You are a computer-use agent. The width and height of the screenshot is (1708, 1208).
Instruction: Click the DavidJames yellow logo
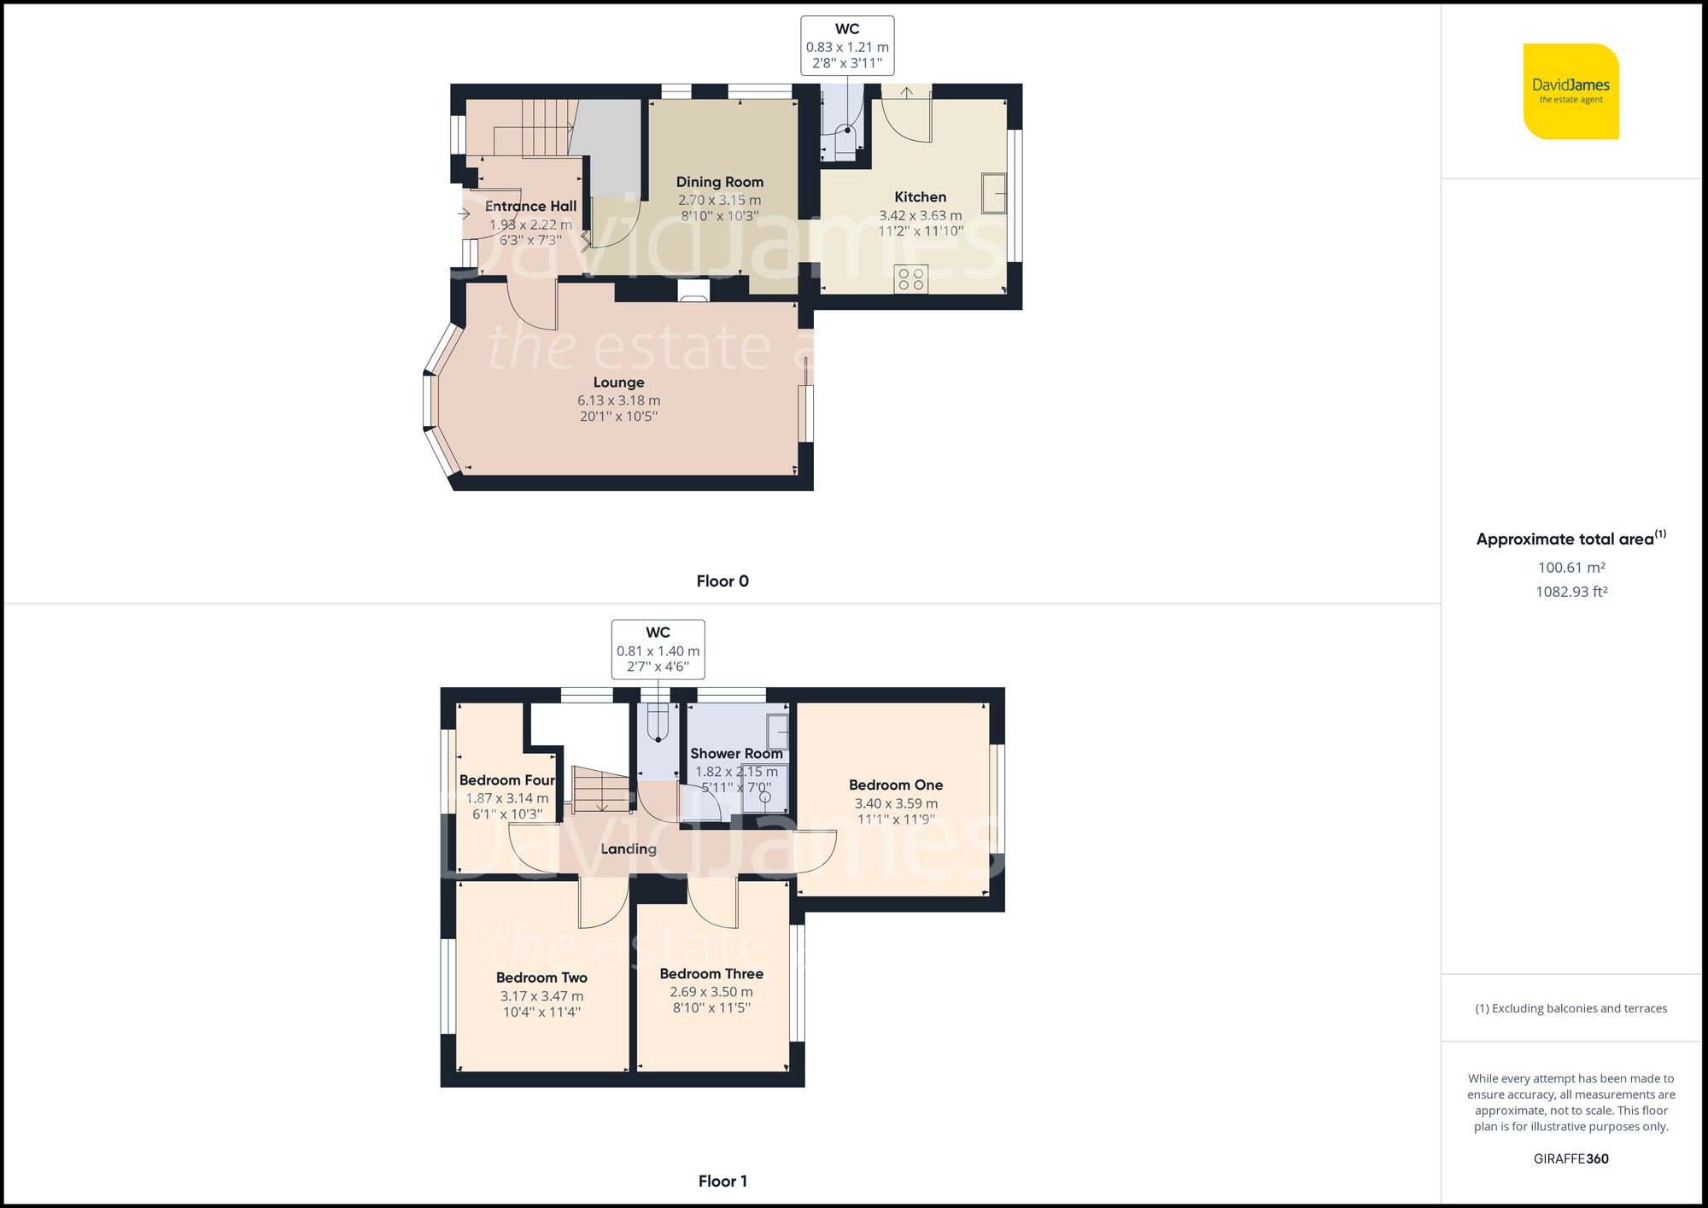pyautogui.click(x=1571, y=91)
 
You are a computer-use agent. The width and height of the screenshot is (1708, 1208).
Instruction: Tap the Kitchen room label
pyautogui.click(x=920, y=197)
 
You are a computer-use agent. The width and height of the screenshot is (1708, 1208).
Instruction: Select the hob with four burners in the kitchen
pyautogui.click(x=911, y=279)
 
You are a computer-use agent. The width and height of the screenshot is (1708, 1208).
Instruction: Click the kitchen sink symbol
pyautogui.click(x=993, y=193)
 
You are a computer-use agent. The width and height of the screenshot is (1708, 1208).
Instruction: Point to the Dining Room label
pyautogui.click(x=719, y=182)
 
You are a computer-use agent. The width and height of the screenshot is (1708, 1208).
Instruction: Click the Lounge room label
pyautogui.click(x=618, y=382)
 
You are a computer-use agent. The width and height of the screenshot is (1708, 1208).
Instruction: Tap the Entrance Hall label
pyautogui.click(x=530, y=207)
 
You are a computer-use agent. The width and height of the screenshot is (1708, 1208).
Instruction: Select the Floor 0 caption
pyautogui.click(x=722, y=581)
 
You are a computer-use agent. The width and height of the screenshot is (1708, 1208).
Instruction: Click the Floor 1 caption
pyautogui.click(x=722, y=1182)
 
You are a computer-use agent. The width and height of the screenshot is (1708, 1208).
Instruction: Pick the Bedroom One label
pyautogui.click(x=896, y=785)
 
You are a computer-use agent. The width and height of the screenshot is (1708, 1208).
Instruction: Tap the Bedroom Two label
pyautogui.click(x=541, y=978)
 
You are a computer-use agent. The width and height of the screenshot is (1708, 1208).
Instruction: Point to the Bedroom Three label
pyautogui.click(x=711, y=974)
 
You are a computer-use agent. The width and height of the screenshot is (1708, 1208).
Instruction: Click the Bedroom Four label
pyautogui.click(x=507, y=780)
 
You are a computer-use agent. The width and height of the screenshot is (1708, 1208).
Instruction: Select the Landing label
pyautogui.click(x=629, y=849)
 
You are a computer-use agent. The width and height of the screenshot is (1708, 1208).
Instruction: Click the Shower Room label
pyautogui.click(x=736, y=754)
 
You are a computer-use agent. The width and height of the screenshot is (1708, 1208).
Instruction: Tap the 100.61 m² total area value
pyautogui.click(x=1571, y=568)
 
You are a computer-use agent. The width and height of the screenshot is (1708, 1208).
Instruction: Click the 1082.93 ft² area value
pyautogui.click(x=1571, y=592)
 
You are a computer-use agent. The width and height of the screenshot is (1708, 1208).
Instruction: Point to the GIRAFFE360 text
pyautogui.click(x=1571, y=1159)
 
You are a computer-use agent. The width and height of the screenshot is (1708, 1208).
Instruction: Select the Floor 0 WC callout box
pyautogui.click(x=847, y=45)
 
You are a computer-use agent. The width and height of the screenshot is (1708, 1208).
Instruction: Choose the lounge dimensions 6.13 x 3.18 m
pyautogui.click(x=618, y=400)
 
